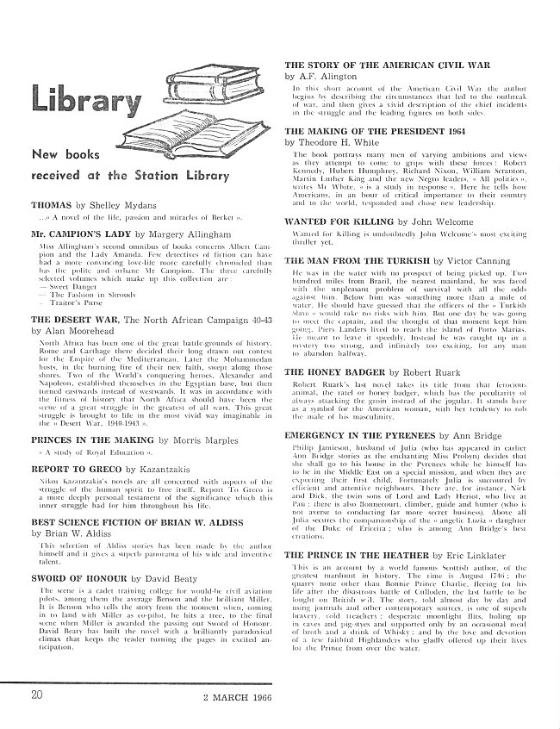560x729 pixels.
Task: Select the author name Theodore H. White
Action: (x=350, y=143)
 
